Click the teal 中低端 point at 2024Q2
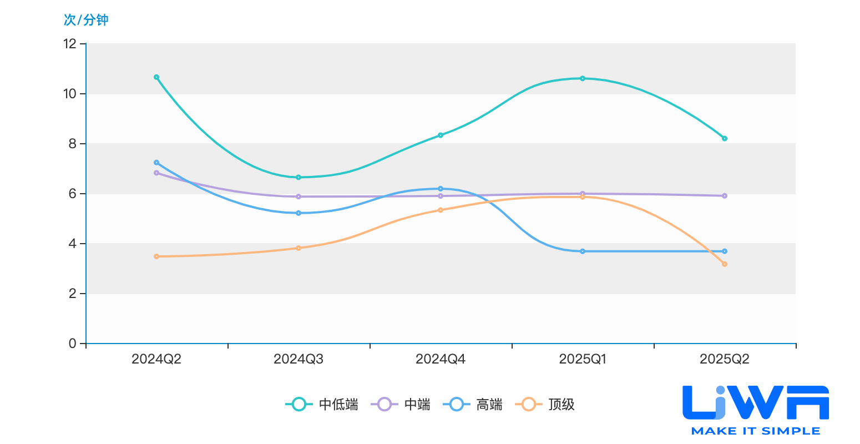(156, 77)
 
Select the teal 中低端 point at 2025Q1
(583, 78)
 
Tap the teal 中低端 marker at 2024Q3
(299, 177)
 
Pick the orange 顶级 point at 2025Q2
(725, 264)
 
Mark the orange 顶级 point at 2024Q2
(156, 256)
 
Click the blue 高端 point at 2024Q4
(441, 189)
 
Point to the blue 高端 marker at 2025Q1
(583, 251)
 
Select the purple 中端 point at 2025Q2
(725, 196)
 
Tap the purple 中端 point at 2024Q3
(299, 196)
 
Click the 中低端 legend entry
(322, 405)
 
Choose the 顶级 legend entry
(545, 405)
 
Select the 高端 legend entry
(473, 405)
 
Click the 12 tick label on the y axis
(70, 44)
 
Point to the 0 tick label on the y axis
(73, 344)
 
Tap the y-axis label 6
(73, 194)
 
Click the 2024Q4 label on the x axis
(441, 359)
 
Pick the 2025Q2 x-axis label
(725, 359)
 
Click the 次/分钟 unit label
(86, 19)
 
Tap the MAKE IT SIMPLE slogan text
(756, 431)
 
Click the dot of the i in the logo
(721, 391)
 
